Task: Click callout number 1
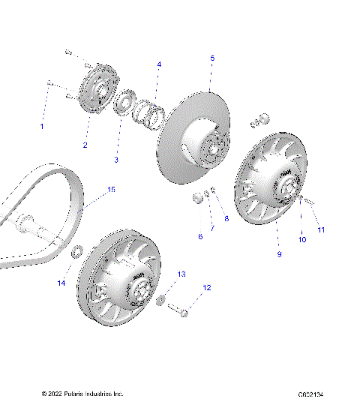(x=42, y=126)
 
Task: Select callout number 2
(x=85, y=145)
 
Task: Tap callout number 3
(x=116, y=160)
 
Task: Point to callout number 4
(x=159, y=65)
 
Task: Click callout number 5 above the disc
(x=212, y=58)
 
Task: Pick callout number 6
(x=200, y=236)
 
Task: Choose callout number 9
(x=279, y=255)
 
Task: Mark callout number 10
(x=303, y=240)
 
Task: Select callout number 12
(x=207, y=287)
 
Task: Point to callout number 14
(x=62, y=283)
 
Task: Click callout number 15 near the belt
(x=111, y=190)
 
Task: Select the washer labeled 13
(x=159, y=299)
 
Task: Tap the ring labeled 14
(x=76, y=251)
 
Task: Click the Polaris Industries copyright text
(x=82, y=393)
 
